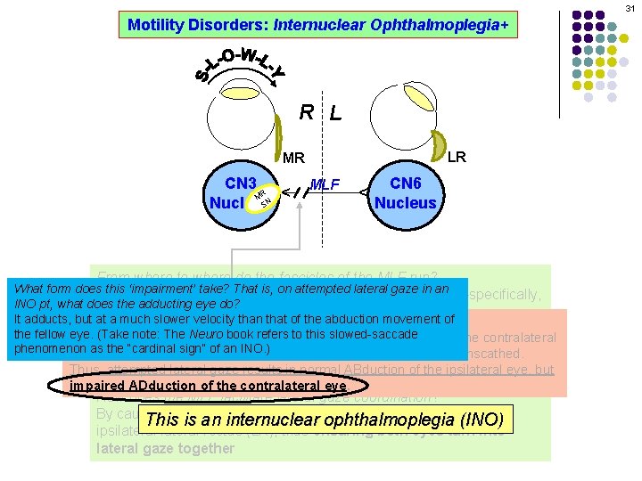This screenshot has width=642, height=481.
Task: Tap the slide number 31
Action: [629, 7]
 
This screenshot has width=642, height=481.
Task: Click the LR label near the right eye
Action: [456, 157]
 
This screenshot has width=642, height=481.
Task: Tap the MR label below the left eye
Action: [294, 159]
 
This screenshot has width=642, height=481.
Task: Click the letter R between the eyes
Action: [306, 112]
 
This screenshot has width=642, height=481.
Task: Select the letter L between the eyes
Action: [334, 113]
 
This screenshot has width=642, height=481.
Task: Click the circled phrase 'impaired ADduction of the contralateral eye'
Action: [208, 387]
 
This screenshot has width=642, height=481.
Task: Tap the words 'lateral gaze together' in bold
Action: [165, 449]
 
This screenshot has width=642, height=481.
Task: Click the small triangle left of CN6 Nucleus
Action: [364, 192]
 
